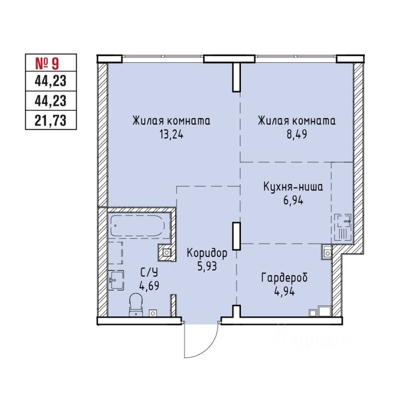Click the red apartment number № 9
[x=47, y=63]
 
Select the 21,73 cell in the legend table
[x=51, y=120]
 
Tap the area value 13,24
[x=172, y=135]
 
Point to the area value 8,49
[x=297, y=134]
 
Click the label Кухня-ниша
[x=293, y=187]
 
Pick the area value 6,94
[x=293, y=200]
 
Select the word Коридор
[x=207, y=253]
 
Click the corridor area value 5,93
[x=207, y=266]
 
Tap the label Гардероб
[x=284, y=278]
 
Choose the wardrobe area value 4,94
[x=285, y=291]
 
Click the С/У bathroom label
[x=149, y=272]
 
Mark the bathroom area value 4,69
[x=149, y=286]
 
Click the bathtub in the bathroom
[x=138, y=225]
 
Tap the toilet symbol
[x=136, y=305]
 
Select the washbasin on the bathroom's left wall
[x=116, y=280]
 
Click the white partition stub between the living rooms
[x=236, y=77]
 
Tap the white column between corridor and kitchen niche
[x=236, y=236]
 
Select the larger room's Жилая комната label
[x=171, y=121]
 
